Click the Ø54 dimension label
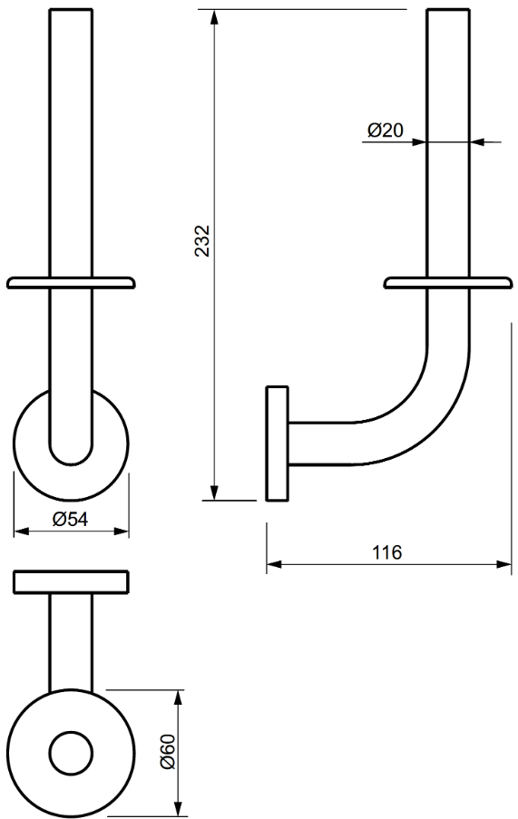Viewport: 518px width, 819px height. pos(70,519)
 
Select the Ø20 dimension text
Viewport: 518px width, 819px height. pos(385,131)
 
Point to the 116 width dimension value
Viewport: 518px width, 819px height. pos(387,552)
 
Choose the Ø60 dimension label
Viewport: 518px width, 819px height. pos(166,752)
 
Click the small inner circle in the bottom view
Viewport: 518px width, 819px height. pos(70,752)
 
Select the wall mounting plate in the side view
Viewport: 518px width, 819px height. pos(277,443)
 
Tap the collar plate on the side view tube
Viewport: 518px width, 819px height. pos(448,282)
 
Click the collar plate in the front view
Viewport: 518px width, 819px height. pos(71,282)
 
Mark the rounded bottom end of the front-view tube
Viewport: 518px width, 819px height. pos(71,453)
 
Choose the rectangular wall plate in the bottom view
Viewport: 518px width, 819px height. pos(70,582)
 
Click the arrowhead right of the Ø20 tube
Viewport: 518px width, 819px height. pos(478,141)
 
